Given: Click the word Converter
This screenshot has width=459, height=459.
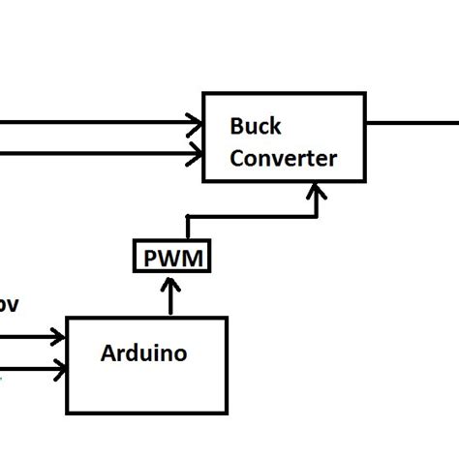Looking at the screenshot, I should (x=283, y=158).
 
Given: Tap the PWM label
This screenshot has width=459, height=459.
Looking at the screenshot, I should (x=170, y=258).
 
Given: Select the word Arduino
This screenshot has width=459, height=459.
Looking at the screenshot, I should (x=143, y=353).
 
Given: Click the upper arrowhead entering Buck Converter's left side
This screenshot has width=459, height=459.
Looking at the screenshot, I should (x=195, y=123).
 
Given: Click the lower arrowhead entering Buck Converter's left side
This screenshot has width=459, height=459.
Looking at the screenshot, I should (x=195, y=153).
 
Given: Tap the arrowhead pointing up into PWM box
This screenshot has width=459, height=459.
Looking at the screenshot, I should (x=170, y=285).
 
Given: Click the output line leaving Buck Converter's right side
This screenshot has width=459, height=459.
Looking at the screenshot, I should (x=412, y=123).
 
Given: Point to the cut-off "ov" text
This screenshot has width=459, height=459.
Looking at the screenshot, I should (x=8, y=305).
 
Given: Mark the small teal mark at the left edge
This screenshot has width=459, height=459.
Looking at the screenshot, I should (x=2, y=378).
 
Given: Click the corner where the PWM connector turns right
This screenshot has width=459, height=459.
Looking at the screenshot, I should (x=186, y=216).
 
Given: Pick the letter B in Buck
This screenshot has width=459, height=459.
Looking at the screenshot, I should (x=236, y=127).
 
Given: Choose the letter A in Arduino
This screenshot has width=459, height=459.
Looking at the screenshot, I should (x=107, y=353).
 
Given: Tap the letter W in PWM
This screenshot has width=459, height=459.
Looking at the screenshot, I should (x=170, y=258).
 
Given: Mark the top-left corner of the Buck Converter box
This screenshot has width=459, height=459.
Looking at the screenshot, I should (x=203, y=94).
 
